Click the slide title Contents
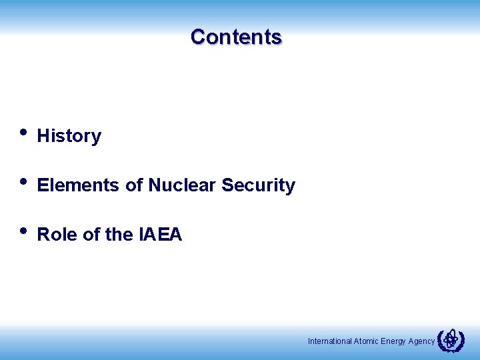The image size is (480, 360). tap(236, 37)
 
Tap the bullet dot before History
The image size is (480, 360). tap(23, 131)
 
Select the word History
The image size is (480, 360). tap(69, 136)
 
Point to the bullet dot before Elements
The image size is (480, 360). tap(23, 181)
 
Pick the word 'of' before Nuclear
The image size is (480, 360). tap(134, 185)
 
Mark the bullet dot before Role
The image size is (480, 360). tap(23, 231)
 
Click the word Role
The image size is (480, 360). tap(57, 235)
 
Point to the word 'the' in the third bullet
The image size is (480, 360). tap(119, 235)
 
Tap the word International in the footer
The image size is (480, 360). tap(330, 341)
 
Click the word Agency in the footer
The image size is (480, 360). tap(421, 341)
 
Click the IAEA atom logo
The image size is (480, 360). tap(451, 340)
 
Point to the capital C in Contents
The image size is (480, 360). tap(198, 37)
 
